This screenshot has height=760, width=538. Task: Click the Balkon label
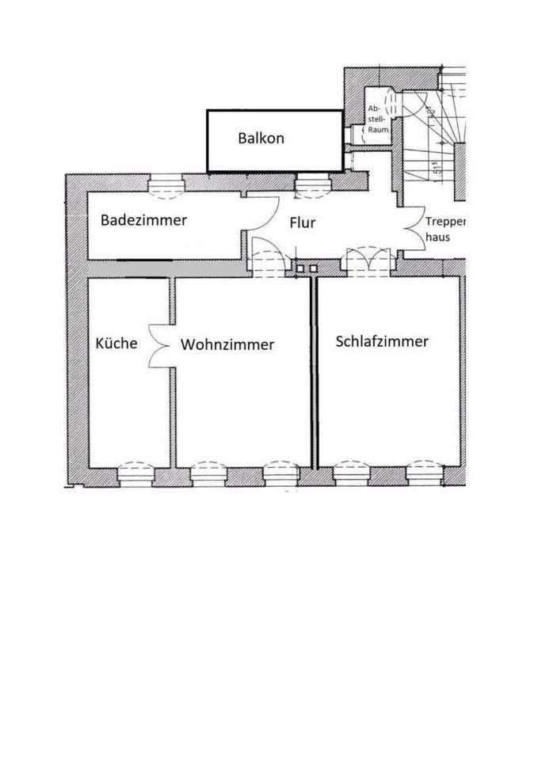[261, 138]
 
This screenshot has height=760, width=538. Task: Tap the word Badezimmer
[143, 220]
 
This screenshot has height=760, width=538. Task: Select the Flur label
[302, 222]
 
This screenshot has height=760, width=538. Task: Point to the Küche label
[116, 344]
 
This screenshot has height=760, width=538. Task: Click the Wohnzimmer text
[227, 345]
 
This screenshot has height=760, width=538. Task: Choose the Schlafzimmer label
[382, 342]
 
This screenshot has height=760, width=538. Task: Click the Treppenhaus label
[443, 230]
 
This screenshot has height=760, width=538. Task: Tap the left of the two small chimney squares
[300, 269]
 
